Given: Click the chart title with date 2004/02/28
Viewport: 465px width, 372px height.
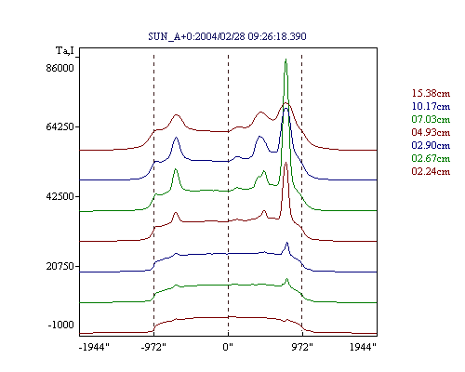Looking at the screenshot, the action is (x=227, y=36).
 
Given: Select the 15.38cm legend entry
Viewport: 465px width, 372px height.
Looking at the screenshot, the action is (x=431, y=93).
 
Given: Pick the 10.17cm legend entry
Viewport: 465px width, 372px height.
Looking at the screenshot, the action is (x=431, y=106).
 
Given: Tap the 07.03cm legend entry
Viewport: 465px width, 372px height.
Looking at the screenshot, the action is (x=431, y=119).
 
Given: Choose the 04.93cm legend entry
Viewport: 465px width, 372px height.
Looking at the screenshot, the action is (x=431, y=132).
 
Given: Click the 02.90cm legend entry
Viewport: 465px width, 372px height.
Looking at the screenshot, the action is (x=431, y=145).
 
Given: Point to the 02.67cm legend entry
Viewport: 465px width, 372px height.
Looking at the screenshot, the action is (x=431, y=158).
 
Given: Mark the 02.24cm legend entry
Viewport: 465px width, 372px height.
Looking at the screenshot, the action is (x=431, y=171).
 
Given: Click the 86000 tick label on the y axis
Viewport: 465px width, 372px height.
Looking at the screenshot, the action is (x=60, y=68).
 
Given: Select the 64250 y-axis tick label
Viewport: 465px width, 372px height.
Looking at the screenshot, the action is (x=60, y=126).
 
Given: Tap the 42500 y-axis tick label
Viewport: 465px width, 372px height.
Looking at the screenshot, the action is (x=60, y=196).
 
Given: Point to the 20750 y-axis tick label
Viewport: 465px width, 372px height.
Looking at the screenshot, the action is (x=60, y=266).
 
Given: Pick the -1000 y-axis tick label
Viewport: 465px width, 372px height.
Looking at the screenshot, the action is (x=61, y=325).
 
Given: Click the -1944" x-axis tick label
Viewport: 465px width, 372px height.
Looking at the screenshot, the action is (x=94, y=347).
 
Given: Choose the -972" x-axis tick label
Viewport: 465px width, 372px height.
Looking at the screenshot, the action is (x=153, y=347).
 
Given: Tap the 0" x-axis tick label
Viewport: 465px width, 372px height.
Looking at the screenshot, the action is (x=228, y=347).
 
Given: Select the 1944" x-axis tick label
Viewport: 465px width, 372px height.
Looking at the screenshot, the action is (x=363, y=347).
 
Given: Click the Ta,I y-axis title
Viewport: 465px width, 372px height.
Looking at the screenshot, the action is (x=65, y=50).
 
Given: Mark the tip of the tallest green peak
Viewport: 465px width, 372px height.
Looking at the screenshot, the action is (x=286, y=59).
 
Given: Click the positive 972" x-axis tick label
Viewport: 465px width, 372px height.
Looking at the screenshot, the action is (x=302, y=347).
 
